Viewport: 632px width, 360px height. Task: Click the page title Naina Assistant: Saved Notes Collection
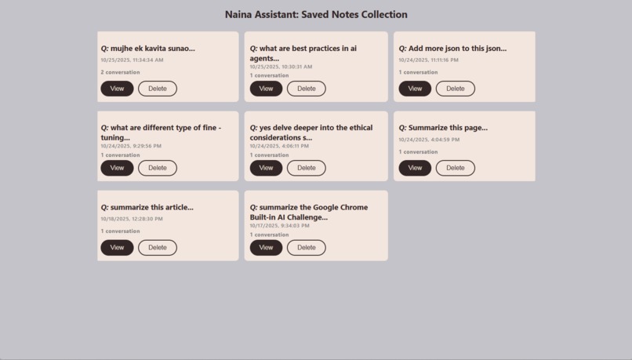[x=316, y=14]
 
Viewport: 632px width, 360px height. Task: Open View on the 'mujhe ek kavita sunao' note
[x=117, y=89]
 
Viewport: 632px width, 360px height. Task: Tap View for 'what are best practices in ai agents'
[x=266, y=89]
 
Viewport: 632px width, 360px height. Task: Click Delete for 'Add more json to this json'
[x=455, y=89]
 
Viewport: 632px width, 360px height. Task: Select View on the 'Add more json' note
[x=415, y=89]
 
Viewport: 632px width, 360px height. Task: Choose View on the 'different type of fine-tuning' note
[x=117, y=168]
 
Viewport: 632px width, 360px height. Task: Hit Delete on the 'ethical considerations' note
[x=306, y=168]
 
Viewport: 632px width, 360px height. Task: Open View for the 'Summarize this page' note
[x=415, y=168]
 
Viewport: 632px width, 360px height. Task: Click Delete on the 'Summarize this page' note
[x=455, y=168]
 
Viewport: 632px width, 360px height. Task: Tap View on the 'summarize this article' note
[x=117, y=248]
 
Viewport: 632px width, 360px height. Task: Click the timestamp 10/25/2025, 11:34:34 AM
[x=132, y=60]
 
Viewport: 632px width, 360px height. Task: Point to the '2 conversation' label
[x=120, y=72]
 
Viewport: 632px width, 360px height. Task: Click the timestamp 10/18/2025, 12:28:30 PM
[x=132, y=219]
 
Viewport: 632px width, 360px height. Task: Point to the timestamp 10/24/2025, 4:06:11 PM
[x=279, y=146]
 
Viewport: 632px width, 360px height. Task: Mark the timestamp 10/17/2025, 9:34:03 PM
[x=279, y=226]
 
